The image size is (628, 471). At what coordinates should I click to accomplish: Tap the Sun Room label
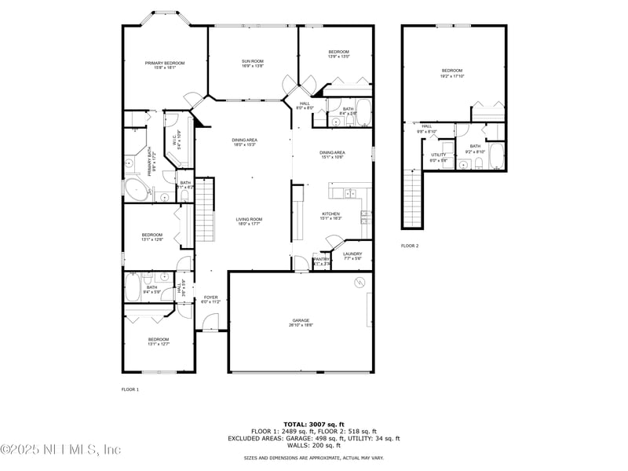tap(252, 63)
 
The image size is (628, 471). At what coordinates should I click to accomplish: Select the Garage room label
tap(301, 322)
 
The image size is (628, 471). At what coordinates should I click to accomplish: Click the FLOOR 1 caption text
tap(130, 389)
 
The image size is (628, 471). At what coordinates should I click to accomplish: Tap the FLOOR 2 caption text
tap(410, 246)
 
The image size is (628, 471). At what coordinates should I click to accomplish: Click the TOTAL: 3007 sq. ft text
tap(313, 424)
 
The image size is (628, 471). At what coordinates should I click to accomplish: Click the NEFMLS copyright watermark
tap(60, 450)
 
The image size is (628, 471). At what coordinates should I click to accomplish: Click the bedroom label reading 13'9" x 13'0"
tap(338, 54)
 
